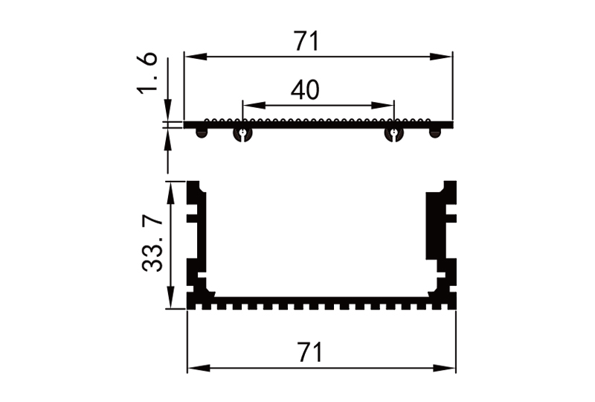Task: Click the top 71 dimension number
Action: coord(306,42)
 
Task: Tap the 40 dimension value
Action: coord(305,91)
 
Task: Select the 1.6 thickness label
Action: coord(148,74)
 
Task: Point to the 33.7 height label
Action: coord(152,244)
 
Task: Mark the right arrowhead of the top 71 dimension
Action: coord(446,56)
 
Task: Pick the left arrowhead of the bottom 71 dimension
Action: coord(193,368)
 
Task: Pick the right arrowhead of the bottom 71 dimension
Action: coord(448,368)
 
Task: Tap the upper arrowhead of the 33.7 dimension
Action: coord(172,188)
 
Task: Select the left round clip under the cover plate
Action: coord(242,134)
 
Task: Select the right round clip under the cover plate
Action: coord(394,134)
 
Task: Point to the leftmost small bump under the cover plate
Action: coord(201,133)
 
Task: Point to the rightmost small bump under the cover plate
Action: coord(435,133)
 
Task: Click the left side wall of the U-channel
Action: coord(196,238)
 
